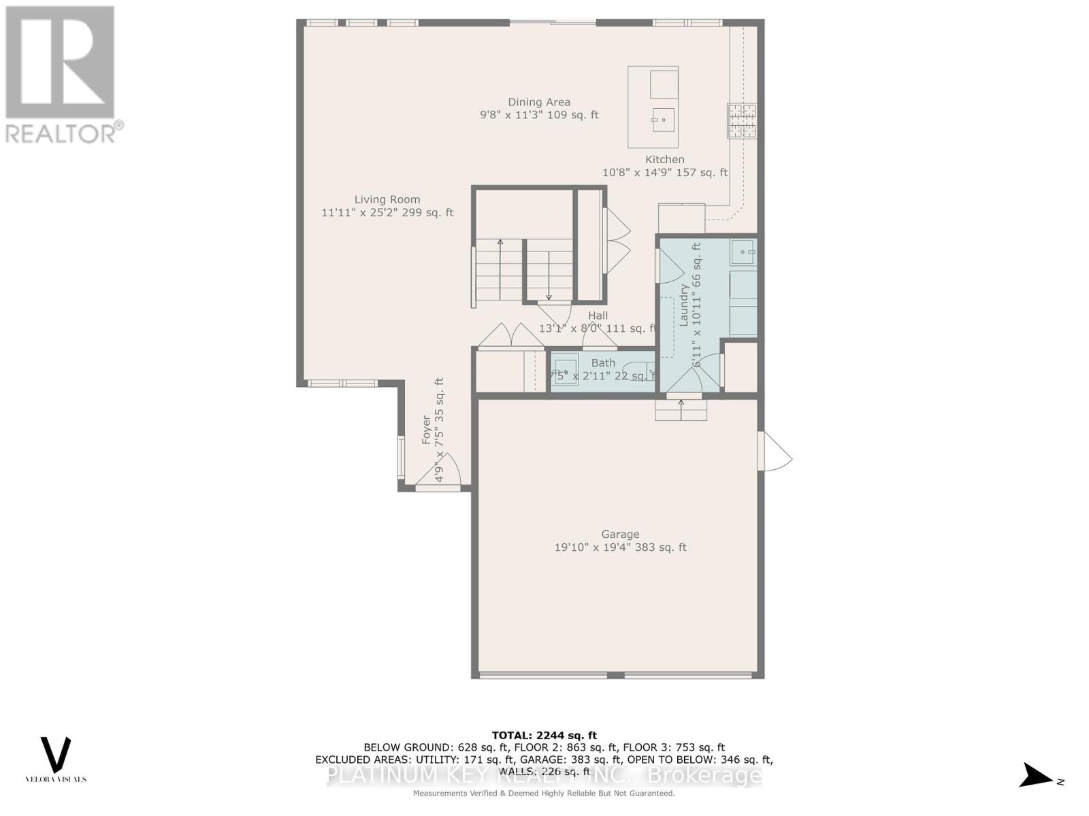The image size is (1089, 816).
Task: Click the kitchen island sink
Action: [663, 120]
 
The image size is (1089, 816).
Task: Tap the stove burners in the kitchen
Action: [742, 120]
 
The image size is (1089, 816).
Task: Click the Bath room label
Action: [603, 363]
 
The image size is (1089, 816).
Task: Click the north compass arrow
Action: [1037, 775]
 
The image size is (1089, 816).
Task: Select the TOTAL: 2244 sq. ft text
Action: [544, 735]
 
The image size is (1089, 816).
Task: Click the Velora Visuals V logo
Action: [56, 755]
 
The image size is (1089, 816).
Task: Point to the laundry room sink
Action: [743, 252]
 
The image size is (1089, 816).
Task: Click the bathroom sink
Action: [565, 369]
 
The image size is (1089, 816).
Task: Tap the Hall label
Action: [598, 316]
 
